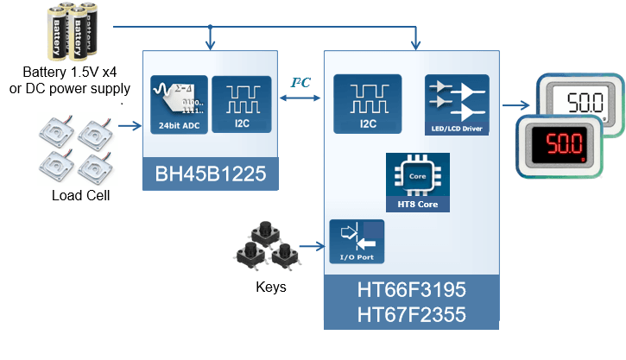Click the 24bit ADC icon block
click(x=179, y=104)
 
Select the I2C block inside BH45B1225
click(x=241, y=104)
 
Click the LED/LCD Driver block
click(x=456, y=104)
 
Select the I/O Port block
click(x=357, y=241)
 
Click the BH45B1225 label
click(x=212, y=177)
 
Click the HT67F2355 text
click(x=411, y=315)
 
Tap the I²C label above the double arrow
click(x=300, y=83)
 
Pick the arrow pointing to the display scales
click(x=516, y=106)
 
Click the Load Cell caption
click(x=80, y=195)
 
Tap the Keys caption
click(x=270, y=287)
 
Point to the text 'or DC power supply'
click(x=76, y=88)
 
